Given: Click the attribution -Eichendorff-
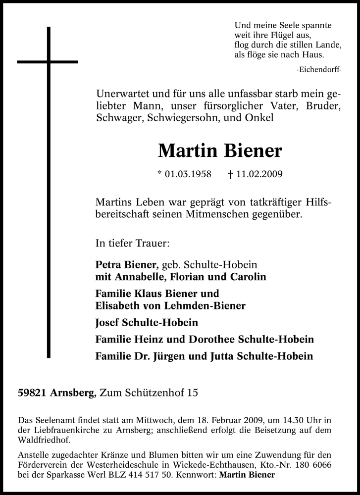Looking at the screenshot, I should [318, 70].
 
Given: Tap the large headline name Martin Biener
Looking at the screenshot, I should [219, 150].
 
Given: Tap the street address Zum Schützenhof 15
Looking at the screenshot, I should [149, 394].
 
